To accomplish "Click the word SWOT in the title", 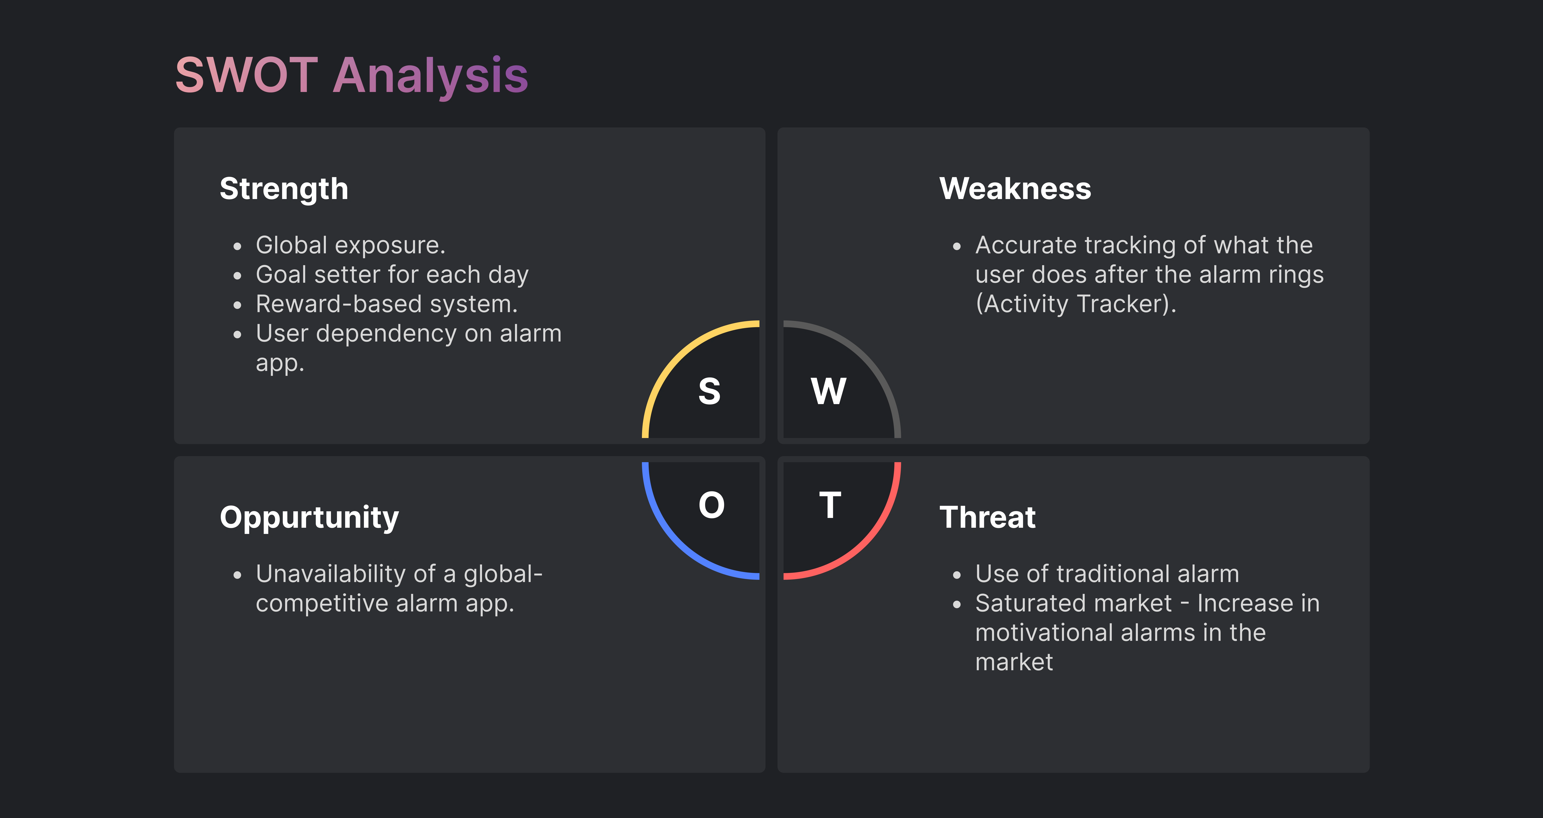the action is click(x=246, y=75).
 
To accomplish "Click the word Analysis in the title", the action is click(x=430, y=77).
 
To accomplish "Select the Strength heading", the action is click(x=284, y=189).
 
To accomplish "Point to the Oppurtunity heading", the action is click(x=309, y=518).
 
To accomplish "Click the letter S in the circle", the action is click(x=709, y=391).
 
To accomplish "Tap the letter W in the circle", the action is click(x=828, y=391).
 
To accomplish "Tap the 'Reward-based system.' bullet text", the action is click(x=386, y=304).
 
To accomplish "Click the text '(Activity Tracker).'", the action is click(x=1076, y=304).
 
